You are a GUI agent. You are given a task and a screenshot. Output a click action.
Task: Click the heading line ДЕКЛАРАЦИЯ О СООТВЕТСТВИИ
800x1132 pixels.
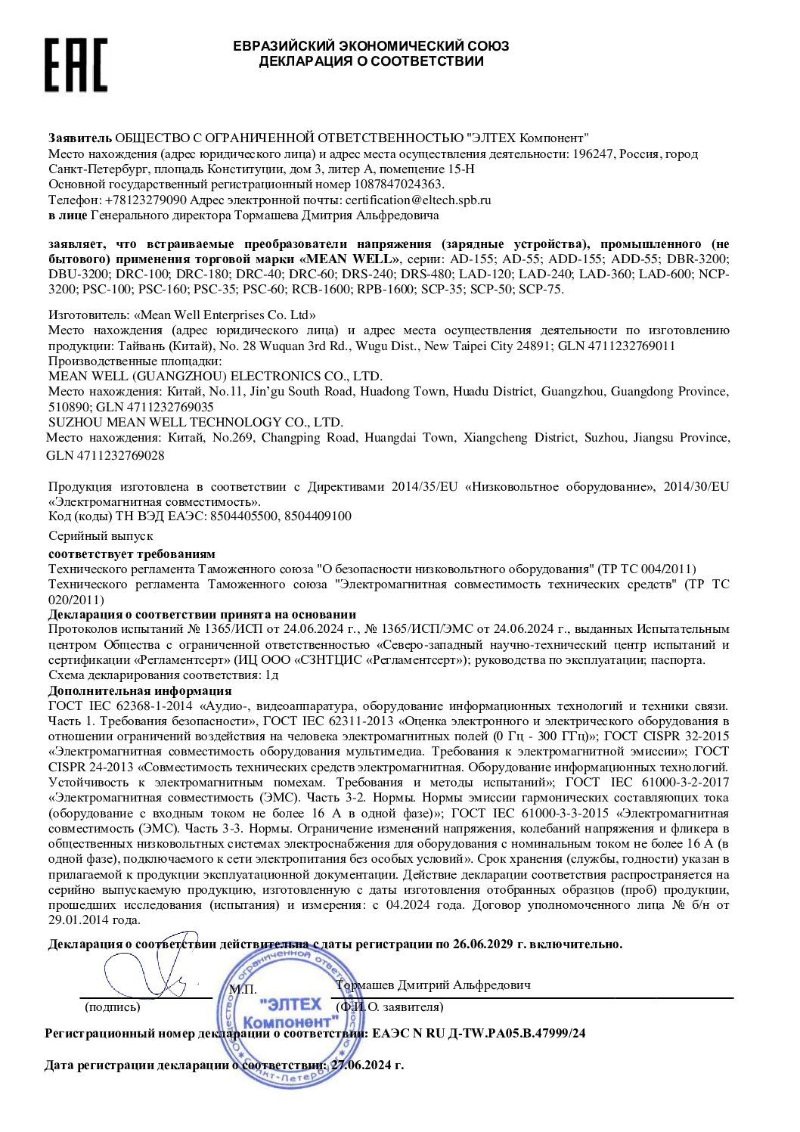(x=371, y=62)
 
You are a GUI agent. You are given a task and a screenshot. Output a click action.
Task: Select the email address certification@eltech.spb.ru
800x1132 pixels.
(x=418, y=200)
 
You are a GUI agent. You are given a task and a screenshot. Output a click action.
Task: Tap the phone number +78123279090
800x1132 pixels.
(x=146, y=200)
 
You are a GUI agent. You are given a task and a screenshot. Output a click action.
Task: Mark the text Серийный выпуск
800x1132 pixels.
(x=101, y=536)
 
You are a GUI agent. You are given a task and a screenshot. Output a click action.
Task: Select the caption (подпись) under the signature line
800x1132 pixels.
(x=113, y=1007)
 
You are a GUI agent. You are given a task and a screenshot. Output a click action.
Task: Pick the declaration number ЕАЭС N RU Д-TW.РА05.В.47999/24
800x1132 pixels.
(x=479, y=1033)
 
